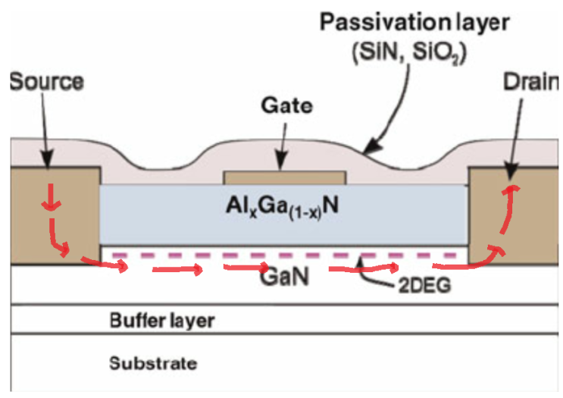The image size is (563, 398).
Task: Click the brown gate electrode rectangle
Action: coord(285,178)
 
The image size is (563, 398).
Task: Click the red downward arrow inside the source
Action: coord(50,199)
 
